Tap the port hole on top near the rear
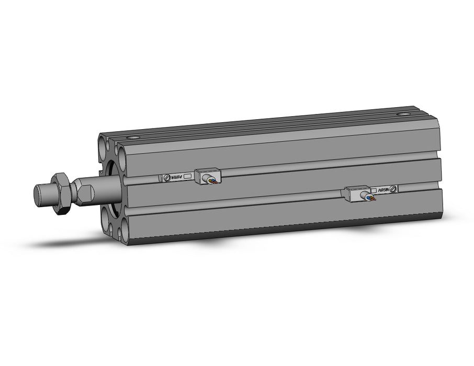(403, 114)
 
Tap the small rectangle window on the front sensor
(188, 177)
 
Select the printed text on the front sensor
(177, 178)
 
